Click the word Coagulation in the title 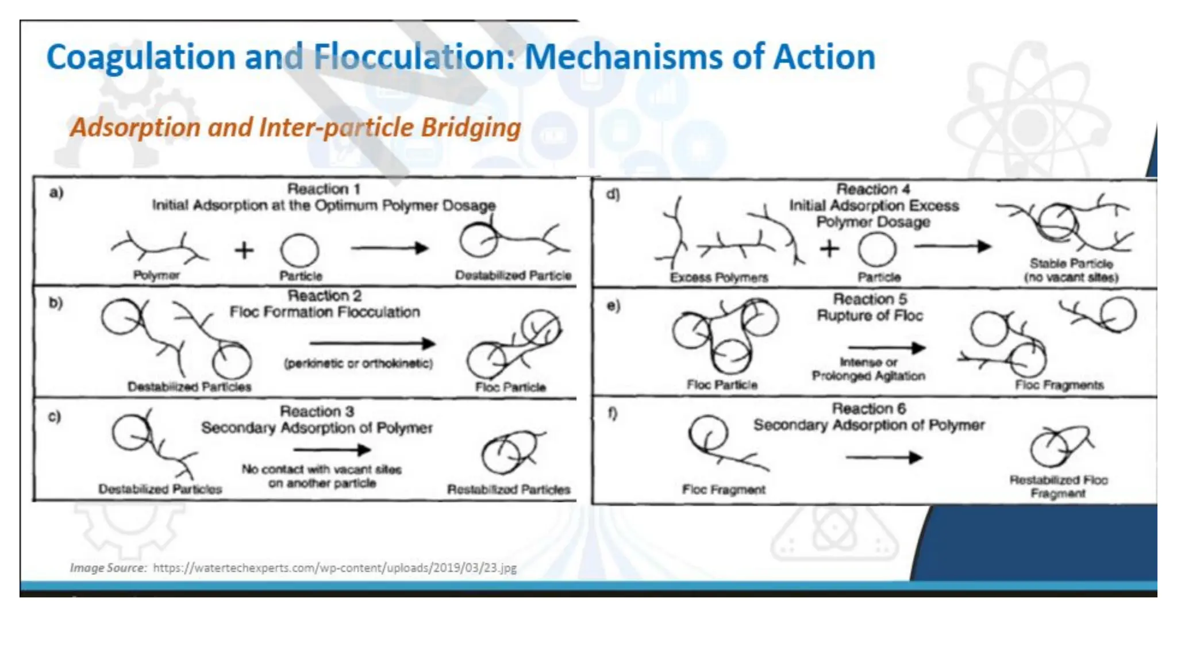pyautogui.click(x=141, y=57)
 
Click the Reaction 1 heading pyautogui.click(x=324, y=189)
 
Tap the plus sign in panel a pyautogui.click(x=244, y=250)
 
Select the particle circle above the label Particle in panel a pyautogui.click(x=299, y=251)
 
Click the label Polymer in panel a pyautogui.click(x=156, y=275)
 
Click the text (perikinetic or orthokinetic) pyautogui.click(x=358, y=364)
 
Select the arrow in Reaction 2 pyautogui.click(x=372, y=344)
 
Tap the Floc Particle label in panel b pyautogui.click(x=510, y=387)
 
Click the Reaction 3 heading pyautogui.click(x=317, y=411)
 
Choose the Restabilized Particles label pyautogui.click(x=509, y=490)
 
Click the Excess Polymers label pyautogui.click(x=719, y=278)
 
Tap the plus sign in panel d pyautogui.click(x=829, y=249)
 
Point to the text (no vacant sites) pyautogui.click(x=1071, y=278)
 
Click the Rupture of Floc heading pyautogui.click(x=870, y=315)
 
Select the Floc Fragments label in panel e pyautogui.click(x=1059, y=385)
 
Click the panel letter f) pyautogui.click(x=613, y=413)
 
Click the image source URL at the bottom pyautogui.click(x=334, y=568)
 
